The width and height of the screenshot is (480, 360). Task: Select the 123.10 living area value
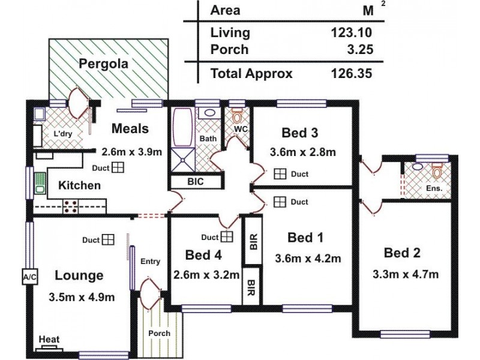[x=352, y=33]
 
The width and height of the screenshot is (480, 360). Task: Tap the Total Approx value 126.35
[x=352, y=74]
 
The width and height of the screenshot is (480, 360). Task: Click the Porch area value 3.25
[x=361, y=49]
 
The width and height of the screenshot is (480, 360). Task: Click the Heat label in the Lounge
[x=49, y=340]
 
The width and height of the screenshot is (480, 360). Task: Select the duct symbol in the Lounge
[x=107, y=240]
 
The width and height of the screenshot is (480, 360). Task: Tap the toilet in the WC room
[x=237, y=115]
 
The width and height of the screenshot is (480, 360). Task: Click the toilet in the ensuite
[x=436, y=171]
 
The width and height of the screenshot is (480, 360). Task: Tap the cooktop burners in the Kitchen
[x=70, y=205]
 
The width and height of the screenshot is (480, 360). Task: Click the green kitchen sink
[x=40, y=182]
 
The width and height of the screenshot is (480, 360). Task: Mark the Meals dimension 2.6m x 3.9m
[x=131, y=152]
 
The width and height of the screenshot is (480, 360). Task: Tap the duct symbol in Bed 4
[x=226, y=236]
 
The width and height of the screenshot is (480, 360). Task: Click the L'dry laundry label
[x=62, y=134]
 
